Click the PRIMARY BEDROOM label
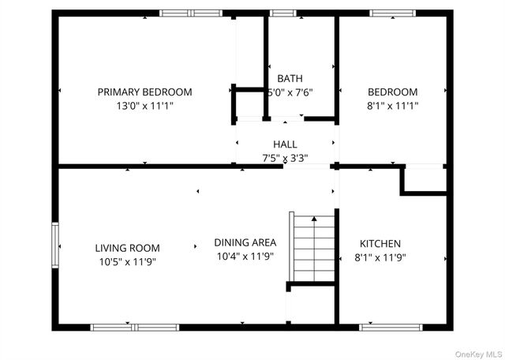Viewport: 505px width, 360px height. coord(144,92)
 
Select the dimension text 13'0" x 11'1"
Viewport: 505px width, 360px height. coord(144,104)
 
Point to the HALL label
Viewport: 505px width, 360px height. coord(285,144)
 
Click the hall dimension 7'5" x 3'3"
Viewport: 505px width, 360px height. coord(285,157)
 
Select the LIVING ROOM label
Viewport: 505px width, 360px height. coord(127,248)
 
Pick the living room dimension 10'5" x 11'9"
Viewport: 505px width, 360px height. coord(127,261)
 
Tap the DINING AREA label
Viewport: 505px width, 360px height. coord(245,243)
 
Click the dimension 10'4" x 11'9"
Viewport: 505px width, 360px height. coord(245,256)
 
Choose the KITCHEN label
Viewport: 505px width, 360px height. coord(380,244)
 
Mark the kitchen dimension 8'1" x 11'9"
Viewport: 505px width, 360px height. coord(380,257)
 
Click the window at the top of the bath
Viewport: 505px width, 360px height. coord(282,13)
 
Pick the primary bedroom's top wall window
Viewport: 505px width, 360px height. coord(190,13)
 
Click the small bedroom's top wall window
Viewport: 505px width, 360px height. coord(392,13)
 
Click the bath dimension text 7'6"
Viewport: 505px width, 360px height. coord(301,92)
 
